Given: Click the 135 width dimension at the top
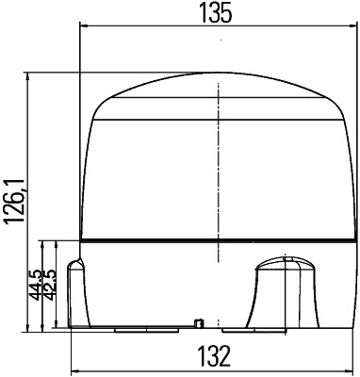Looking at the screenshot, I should pyautogui.click(x=217, y=12).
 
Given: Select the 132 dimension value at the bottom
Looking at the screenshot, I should pyautogui.click(x=217, y=357).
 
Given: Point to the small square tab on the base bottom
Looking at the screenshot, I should pyautogui.click(x=198, y=323).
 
